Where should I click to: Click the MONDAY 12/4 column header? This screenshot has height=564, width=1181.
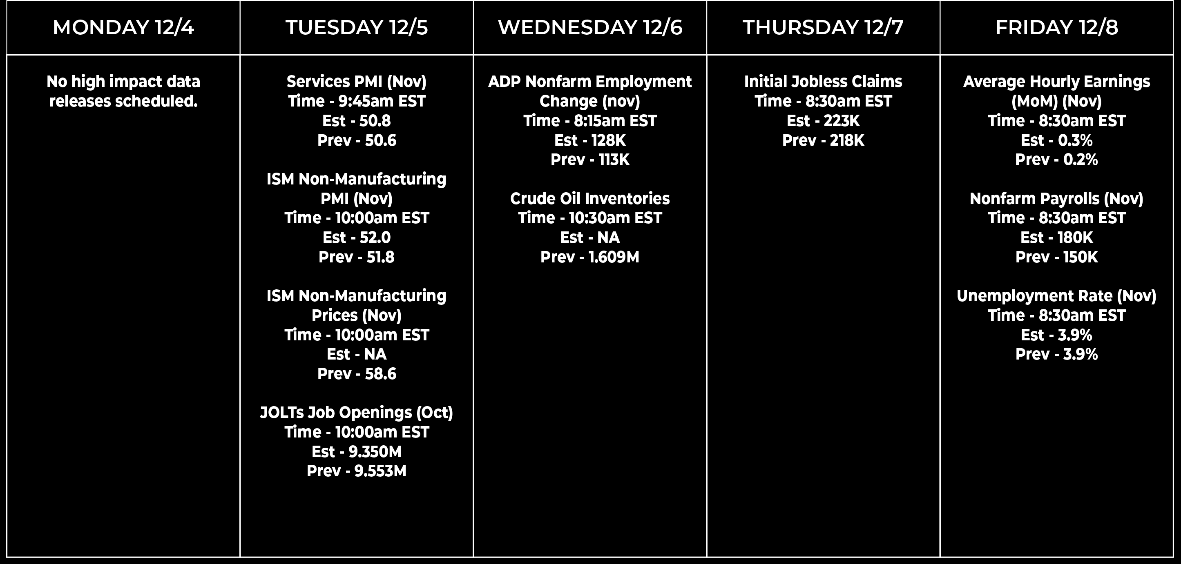point(123,27)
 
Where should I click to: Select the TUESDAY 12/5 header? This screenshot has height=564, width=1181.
point(357,27)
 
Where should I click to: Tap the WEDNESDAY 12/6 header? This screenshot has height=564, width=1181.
point(590,27)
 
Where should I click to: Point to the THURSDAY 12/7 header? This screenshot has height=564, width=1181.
point(823,27)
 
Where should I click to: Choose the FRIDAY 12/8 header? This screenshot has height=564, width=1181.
point(1057,27)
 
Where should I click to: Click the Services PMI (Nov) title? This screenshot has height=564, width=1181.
point(357,82)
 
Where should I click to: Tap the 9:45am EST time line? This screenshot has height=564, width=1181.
point(357,101)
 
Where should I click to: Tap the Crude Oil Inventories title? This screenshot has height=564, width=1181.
point(590,199)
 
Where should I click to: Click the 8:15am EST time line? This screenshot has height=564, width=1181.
point(590,121)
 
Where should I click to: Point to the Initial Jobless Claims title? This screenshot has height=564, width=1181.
point(823,82)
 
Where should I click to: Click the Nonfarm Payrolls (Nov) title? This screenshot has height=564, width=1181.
point(1057,199)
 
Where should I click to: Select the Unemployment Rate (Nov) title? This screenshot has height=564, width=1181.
point(1057,296)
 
